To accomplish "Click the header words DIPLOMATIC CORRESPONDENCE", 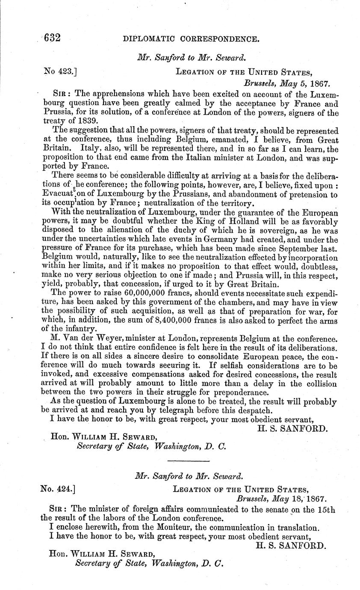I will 191,39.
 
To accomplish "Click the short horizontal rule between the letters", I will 188,461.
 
